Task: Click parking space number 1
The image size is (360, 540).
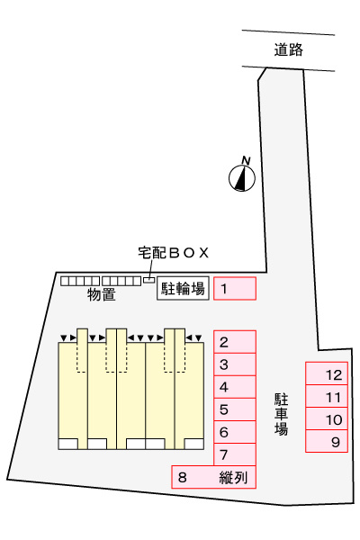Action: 235,288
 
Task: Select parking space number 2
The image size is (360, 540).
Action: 235,342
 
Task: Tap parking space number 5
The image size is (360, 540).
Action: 235,409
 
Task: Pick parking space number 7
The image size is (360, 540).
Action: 235,454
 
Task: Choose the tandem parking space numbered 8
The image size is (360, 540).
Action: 213,477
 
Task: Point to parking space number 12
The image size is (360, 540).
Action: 327,373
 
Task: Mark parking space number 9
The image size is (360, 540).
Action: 327,441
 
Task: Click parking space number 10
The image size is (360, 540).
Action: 327,418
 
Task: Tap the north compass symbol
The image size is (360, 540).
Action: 242,177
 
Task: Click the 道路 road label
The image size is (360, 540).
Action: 289,49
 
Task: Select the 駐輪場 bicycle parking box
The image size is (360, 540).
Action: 183,288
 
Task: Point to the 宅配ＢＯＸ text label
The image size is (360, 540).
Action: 174,253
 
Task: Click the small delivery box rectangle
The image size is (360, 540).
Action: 148,280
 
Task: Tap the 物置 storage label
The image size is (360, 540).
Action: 102,294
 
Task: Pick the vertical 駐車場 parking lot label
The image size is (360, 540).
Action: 281,414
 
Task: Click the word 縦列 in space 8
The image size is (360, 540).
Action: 233,477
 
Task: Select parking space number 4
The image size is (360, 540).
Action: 235,387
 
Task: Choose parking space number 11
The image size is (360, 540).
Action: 327,396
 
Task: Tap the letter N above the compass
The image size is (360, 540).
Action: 246,160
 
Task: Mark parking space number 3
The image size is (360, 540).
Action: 235,364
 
